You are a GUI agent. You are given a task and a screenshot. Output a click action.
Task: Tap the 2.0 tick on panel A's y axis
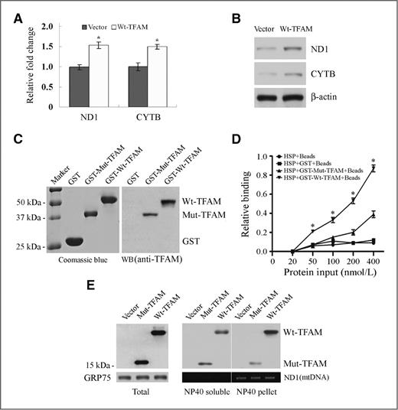click(45, 27)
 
